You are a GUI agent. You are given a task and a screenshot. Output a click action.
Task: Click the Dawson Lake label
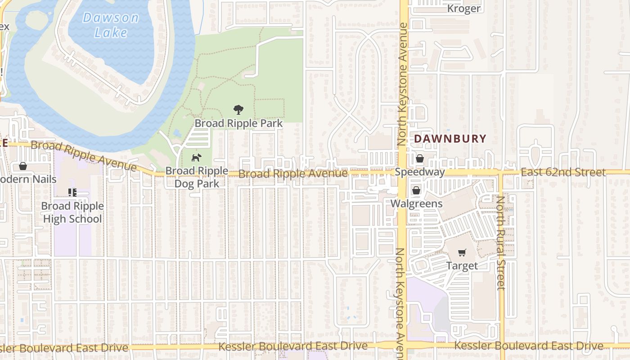111,25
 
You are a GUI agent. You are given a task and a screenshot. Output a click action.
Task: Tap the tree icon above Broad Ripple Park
238,110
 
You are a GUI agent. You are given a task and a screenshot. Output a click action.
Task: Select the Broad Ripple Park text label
238,123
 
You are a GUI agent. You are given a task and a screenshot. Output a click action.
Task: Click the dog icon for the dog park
197,158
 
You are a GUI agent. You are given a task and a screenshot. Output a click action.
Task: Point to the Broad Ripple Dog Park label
197,177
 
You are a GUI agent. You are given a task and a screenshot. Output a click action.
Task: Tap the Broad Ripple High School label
72,212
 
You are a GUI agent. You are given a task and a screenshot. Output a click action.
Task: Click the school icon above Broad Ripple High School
72,193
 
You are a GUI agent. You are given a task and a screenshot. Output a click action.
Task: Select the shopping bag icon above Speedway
419,158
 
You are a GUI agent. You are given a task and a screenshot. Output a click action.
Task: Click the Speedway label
419,172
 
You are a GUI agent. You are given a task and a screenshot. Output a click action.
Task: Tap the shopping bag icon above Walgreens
416,190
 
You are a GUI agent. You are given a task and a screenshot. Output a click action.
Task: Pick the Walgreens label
416,203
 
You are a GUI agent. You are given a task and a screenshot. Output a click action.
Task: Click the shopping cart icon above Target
462,252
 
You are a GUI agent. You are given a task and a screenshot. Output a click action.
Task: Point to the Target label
462,265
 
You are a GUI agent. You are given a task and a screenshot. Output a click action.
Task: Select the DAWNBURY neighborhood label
450,139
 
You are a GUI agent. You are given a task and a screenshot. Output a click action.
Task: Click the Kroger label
463,9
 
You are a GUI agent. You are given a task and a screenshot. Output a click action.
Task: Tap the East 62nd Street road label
563,172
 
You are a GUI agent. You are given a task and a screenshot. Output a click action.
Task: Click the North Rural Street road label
500,243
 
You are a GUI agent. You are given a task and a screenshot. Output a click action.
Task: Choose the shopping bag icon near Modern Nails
23,166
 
